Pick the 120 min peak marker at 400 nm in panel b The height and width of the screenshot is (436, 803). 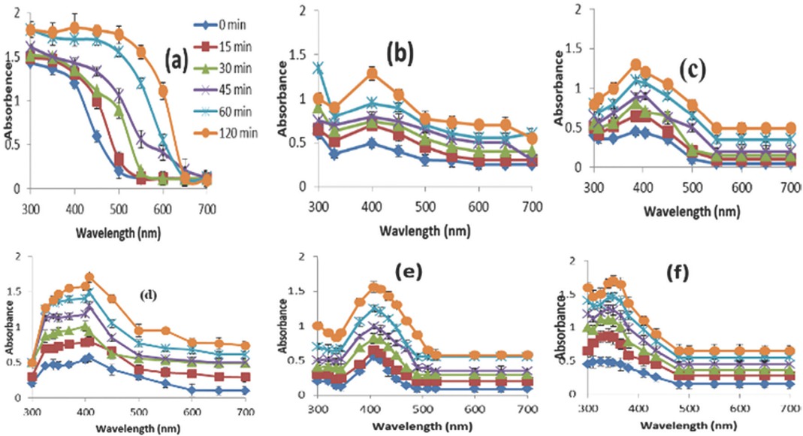pos(371,73)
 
